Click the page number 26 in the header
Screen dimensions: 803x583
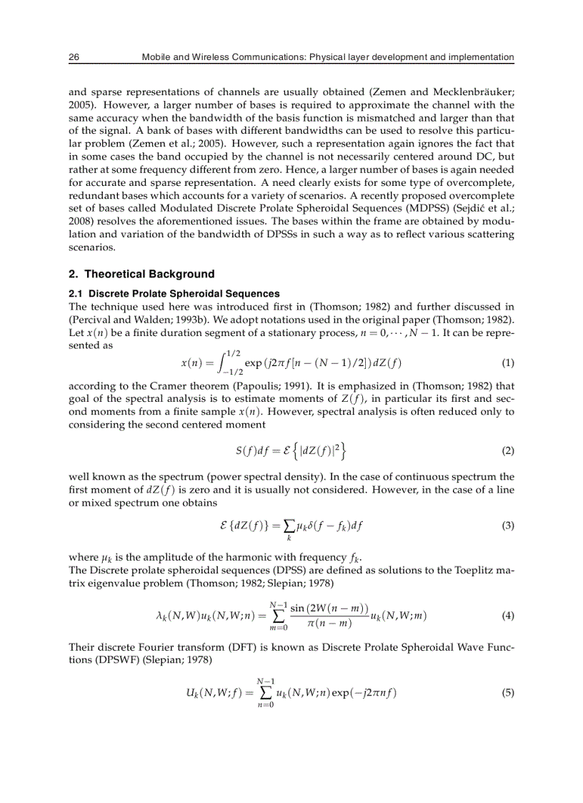[x=74, y=57]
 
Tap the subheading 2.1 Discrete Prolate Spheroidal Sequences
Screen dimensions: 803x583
[x=174, y=294]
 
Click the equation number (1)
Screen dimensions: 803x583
[x=508, y=363]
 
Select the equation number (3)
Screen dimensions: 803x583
[x=508, y=526]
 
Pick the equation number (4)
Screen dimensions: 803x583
[x=508, y=616]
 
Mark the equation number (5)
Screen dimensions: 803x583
[x=508, y=692]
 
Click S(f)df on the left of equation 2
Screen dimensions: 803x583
[x=252, y=451]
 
